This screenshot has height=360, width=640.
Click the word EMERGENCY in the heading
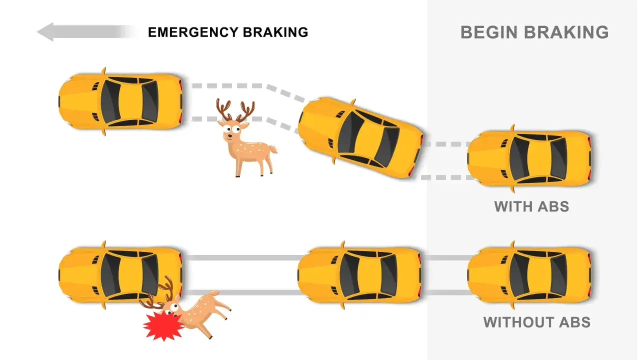click(193, 32)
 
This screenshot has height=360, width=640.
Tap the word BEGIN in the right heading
click(489, 32)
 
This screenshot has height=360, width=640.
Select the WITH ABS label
click(531, 206)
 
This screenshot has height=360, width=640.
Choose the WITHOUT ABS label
click(537, 322)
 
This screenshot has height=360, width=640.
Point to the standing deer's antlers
click(235, 110)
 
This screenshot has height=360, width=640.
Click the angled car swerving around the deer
click(360, 137)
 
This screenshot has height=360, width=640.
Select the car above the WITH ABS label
click(529, 158)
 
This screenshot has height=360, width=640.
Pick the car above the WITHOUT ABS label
click(529, 275)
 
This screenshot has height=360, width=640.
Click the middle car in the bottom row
click(359, 275)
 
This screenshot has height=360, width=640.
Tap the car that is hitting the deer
click(120, 275)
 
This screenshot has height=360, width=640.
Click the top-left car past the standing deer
click(120, 101)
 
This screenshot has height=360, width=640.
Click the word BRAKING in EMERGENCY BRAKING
click(275, 32)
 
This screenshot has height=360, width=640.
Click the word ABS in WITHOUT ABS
click(574, 322)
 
